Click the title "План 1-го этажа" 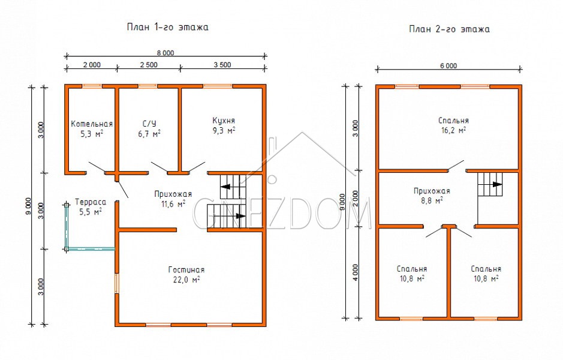(x=168, y=28)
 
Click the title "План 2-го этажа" (x=449, y=29)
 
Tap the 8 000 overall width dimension (x=165, y=53)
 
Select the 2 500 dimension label (x=148, y=65)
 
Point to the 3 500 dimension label (x=222, y=65)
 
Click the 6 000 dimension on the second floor (x=448, y=66)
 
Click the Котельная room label (x=92, y=124)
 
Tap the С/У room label (x=149, y=124)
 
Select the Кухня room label (x=223, y=121)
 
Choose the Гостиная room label (x=186, y=270)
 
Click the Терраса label (x=91, y=202)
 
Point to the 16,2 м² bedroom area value (x=453, y=130)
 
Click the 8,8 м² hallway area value (x=432, y=200)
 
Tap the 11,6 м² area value (x=173, y=204)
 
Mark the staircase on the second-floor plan (x=490, y=184)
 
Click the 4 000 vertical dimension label (x=355, y=272)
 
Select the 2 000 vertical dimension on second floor (x=355, y=199)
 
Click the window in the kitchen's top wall (x=218, y=86)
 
